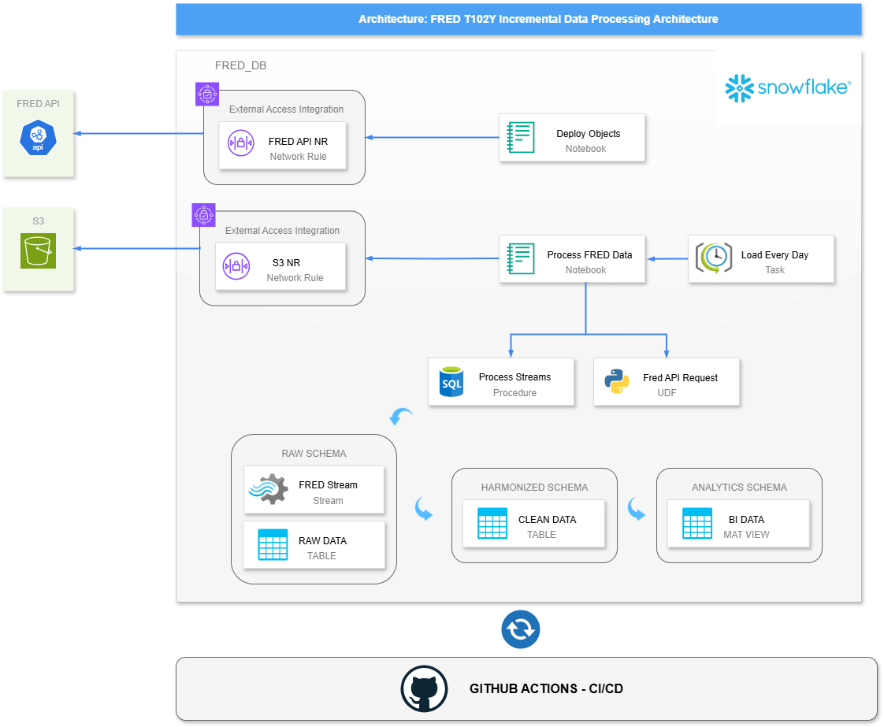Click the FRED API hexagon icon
[39, 138]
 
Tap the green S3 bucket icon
[39, 250]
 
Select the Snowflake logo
[787, 88]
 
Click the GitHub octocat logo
[424, 689]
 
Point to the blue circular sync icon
[520, 629]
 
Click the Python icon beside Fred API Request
[617, 381]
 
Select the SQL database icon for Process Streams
[451, 381]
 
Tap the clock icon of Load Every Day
[714, 258]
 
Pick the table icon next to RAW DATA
[273, 544]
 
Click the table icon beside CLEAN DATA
[492, 523]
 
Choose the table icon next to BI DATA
[697, 523]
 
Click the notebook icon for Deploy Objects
[521, 137]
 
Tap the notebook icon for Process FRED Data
[521, 258]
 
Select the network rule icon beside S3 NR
[237, 265]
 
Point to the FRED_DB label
[240, 65]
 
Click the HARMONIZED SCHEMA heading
[534, 488]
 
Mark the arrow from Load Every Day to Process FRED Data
[667, 258]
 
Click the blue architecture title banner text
[538, 19]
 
